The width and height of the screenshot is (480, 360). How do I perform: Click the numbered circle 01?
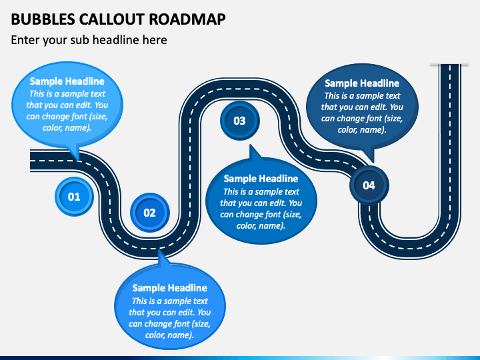pyautogui.click(x=74, y=197)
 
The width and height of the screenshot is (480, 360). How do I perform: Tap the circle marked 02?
pyautogui.click(x=150, y=213)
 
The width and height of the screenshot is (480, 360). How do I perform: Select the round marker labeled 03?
pyautogui.click(x=240, y=121)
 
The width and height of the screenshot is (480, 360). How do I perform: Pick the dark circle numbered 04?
pyautogui.click(x=369, y=185)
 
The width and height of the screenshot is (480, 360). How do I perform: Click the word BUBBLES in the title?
pyautogui.click(x=43, y=19)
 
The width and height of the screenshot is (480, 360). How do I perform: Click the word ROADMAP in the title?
pyautogui.click(x=187, y=19)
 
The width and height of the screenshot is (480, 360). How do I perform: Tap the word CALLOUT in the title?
pyautogui.click(x=112, y=19)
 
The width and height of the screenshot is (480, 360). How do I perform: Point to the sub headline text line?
pyautogui.click(x=89, y=40)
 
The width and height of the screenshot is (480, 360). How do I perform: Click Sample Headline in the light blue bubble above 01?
pyautogui.click(x=67, y=81)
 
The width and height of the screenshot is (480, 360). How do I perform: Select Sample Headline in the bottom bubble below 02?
pyautogui.click(x=169, y=288)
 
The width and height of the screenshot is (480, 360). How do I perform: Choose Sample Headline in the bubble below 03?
pyautogui.click(x=261, y=179)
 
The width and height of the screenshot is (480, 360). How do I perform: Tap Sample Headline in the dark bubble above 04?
pyautogui.click(x=362, y=83)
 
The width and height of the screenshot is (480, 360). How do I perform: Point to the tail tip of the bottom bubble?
pyautogui.click(x=159, y=251)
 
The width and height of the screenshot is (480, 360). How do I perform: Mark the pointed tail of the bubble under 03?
pyautogui.click(x=250, y=146)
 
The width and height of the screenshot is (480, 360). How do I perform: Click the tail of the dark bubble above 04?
pyautogui.click(x=373, y=161)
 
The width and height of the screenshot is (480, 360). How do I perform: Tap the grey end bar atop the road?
pyautogui.click(x=449, y=65)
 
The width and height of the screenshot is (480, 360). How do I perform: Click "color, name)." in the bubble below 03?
pyautogui.click(x=261, y=226)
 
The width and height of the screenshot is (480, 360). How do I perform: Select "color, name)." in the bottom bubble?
pyautogui.click(x=169, y=335)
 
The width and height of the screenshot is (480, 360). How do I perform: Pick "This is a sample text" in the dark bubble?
pyautogui.click(x=362, y=96)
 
